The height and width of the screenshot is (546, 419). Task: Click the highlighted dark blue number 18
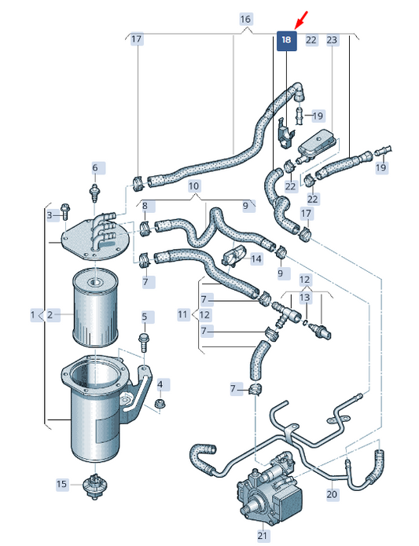tap(287, 40)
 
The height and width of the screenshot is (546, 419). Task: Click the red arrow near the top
tap(301, 20)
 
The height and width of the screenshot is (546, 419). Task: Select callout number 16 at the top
tap(245, 19)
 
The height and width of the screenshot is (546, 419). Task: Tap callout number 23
tap(332, 40)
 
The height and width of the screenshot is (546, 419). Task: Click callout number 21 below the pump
tap(263, 535)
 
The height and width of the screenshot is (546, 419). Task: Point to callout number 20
tap(332, 494)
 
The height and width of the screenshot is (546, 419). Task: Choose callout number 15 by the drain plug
tap(61, 484)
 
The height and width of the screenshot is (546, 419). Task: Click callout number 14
tap(256, 259)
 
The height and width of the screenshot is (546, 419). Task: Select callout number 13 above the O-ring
tap(305, 298)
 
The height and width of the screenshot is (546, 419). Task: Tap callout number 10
tap(194, 186)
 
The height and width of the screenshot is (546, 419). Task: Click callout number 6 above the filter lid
tap(95, 168)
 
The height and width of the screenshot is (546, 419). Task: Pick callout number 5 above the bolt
tap(144, 317)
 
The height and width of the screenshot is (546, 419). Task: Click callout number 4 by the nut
tap(160, 385)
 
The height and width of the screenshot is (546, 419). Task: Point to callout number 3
tap(50, 215)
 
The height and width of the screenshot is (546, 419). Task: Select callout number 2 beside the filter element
tap(50, 315)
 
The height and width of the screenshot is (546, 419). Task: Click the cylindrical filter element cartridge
tap(94, 307)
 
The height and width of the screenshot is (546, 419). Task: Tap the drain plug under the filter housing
tap(94, 486)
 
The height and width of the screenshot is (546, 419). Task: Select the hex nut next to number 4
tap(160, 405)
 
